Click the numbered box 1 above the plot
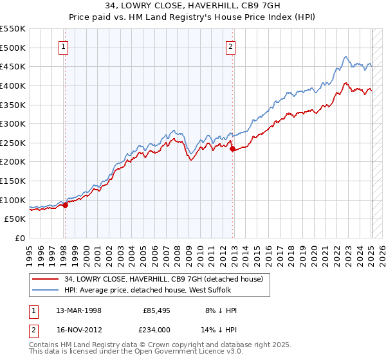[x=64, y=46]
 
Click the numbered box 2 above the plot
[x=230, y=46]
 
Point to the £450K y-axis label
[x=13, y=66]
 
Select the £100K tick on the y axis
[x=13, y=200]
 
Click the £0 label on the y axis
[x=19, y=238]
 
